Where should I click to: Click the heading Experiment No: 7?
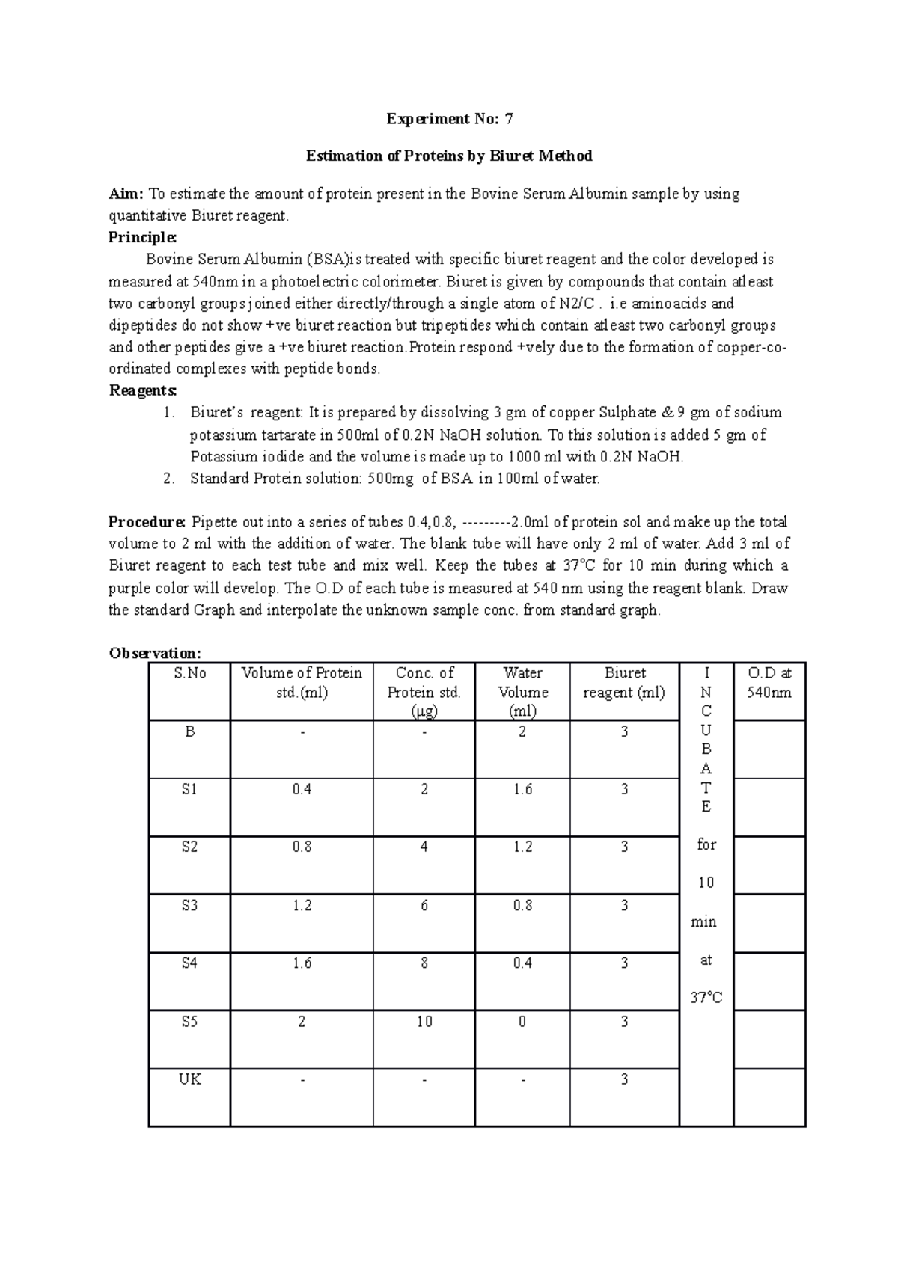coord(449,119)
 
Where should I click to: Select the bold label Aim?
coord(126,194)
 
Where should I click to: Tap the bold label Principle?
coord(142,237)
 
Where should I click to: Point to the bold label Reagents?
coord(143,390)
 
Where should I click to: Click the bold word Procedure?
coord(147,522)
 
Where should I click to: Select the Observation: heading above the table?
coord(155,653)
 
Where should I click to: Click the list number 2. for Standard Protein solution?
coord(168,479)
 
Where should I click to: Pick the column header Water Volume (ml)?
coord(522,692)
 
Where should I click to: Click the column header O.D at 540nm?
coord(769,683)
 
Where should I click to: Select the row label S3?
coord(189,906)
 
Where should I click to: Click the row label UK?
coord(189,1079)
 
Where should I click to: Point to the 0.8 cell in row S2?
coord(302,847)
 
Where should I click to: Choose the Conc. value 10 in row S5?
coord(424,1022)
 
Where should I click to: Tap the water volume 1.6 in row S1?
coord(522,790)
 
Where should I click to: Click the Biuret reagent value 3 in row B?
coord(624,732)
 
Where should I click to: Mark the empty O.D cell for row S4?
coord(769,981)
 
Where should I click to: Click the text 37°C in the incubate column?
coord(706,998)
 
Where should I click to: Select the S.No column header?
coord(189,673)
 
